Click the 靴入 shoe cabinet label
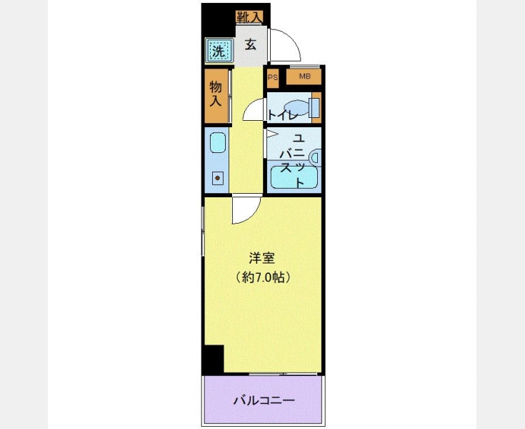point(249,16)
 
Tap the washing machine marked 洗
point(219,50)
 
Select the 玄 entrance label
point(251,44)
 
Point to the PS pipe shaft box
point(273,77)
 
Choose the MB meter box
point(304,77)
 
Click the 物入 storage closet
point(216,96)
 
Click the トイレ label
point(283,116)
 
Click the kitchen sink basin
point(218,143)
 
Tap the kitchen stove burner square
point(218,178)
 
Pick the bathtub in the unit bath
point(294,177)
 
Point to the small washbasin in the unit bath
point(316,157)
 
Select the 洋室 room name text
point(262,258)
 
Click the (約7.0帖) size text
point(262,277)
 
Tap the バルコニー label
point(264,400)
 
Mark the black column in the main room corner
point(214,359)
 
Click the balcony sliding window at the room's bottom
point(283,374)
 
